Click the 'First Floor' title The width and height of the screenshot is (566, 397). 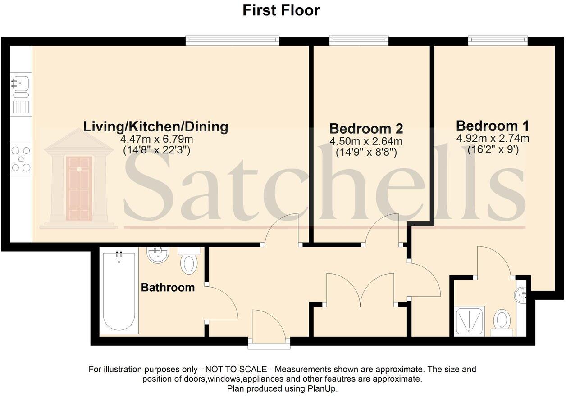pyautogui.click(x=281, y=10)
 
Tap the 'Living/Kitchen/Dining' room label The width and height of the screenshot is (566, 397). pyautogui.click(x=155, y=126)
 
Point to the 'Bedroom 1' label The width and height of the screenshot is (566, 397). pyautogui.click(x=493, y=125)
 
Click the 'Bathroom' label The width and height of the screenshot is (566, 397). pyautogui.click(x=168, y=287)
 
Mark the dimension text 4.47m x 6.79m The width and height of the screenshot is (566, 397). pyautogui.click(x=155, y=140)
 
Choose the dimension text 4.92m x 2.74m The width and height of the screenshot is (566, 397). pyautogui.click(x=493, y=138)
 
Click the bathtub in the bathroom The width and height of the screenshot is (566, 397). pyautogui.click(x=119, y=293)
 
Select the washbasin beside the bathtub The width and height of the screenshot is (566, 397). pyautogui.click(x=158, y=255)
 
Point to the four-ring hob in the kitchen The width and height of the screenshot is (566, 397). pyautogui.click(x=21, y=159)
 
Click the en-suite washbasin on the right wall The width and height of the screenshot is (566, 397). pyautogui.click(x=521, y=295)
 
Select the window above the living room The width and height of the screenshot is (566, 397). pyautogui.click(x=233, y=41)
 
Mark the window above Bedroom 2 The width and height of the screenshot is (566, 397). pyautogui.click(x=359, y=41)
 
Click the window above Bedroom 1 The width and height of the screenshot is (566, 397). pyautogui.click(x=498, y=41)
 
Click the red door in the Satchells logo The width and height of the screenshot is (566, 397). pyautogui.click(x=79, y=188)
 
